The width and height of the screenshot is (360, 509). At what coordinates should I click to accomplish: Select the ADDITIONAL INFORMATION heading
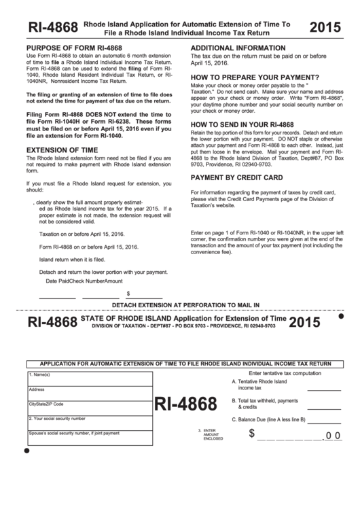click(238, 48)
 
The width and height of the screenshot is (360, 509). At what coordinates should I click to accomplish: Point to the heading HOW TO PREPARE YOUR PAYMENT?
click(255, 77)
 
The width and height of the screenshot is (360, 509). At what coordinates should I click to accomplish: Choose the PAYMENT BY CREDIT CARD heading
click(236, 177)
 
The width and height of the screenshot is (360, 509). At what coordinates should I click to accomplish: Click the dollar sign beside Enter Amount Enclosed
click(252, 434)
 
